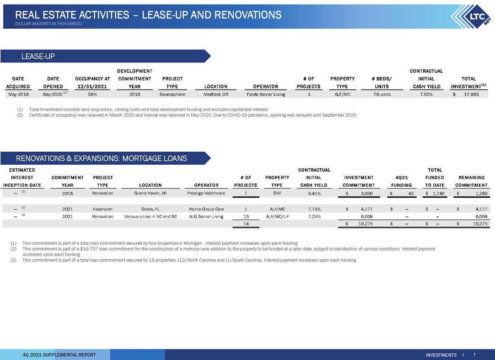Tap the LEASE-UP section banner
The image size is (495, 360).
coord(105,56)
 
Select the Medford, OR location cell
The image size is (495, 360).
coord(216,94)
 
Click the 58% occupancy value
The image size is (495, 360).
coord(93,94)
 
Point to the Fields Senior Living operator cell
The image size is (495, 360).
coord(266,94)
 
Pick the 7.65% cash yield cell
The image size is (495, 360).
coord(427,94)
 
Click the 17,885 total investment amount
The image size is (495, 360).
coord(471,94)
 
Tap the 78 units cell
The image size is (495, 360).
coord(382,94)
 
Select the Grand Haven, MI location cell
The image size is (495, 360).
coord(150,193)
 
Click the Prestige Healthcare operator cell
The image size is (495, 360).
coord(206,193)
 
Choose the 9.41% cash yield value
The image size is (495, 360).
coord(315,193)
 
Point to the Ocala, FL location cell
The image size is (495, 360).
coord(151,209)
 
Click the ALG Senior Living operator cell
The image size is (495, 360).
coord(206,216)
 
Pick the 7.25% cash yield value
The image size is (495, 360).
coord(315,216)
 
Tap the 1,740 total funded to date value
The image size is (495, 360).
coord(438,193)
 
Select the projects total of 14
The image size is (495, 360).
coord(246,224)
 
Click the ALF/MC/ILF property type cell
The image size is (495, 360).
coord(277,216)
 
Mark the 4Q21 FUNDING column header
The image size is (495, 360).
coord(401,181)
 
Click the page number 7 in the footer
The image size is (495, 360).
coord(474,355)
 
